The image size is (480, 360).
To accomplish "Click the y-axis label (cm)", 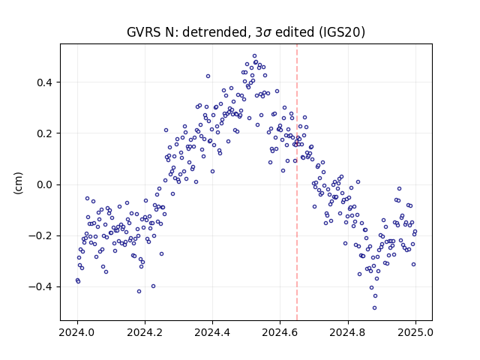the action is point(18,183).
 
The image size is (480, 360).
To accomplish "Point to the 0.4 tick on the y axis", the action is point(44,82).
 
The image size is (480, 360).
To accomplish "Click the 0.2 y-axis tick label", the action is point(44,133).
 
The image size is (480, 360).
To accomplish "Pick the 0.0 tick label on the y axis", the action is point(44,184).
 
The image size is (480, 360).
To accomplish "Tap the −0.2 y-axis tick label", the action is point(40,235).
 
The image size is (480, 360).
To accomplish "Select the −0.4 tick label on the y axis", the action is point(40,286).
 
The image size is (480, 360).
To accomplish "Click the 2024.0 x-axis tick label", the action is point(77,332).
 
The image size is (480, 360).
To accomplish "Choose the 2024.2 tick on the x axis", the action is point(145,332).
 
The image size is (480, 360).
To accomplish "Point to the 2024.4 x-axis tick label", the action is point(212,332).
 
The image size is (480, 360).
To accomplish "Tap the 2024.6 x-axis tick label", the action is point(280,332).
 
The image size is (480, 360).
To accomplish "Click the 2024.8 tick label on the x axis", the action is point(348,332).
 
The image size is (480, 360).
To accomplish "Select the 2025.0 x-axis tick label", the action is point(415,332).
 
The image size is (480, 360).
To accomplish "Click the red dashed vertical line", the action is point(297,182).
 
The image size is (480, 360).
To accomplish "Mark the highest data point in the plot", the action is point(254,56).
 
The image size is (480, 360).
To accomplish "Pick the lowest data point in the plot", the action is point(374,308).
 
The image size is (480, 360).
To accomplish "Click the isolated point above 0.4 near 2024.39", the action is point(208,76).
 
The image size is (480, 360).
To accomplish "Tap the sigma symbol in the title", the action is point(267,33).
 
